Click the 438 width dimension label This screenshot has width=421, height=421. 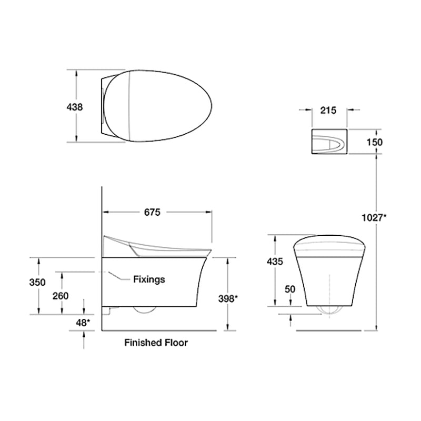pyautogui.click(x=74, y=107)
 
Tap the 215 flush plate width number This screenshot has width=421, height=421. pyautogui.click(x=328, y=111)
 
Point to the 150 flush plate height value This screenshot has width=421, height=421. pyautogui.click(x=375, y=142)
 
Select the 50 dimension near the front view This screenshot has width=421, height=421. pyautogui.click(x=289, y=289)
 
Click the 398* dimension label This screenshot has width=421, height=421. pyautogui.click(x=228, y=299)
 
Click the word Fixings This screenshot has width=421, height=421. pyautogui.click(x=148, y=279)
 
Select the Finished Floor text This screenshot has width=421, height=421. pyautogui.click(x=156, y=343)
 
